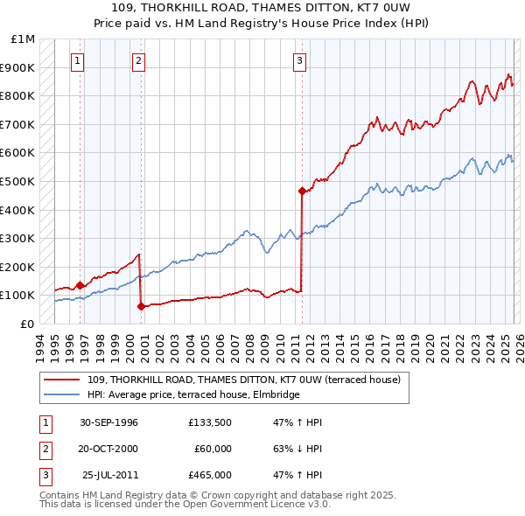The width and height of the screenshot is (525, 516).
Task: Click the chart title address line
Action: tap(262, 8)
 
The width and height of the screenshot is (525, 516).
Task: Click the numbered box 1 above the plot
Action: tap(79, 60)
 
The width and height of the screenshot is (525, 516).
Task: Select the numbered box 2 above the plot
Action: tap(139, 60)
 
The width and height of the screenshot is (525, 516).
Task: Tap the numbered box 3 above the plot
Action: tap(300, 60)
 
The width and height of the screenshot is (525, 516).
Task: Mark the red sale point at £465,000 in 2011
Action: tap(302, 191)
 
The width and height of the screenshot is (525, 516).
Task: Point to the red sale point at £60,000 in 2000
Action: tap(141, 306)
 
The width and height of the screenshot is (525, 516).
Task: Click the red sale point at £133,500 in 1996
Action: tap(80, 285)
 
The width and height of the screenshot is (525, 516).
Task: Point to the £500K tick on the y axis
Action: tap(18, 181)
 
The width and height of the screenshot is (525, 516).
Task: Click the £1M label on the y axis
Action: tap(24, 39)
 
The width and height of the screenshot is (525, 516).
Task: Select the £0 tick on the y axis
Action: tap(27, 324)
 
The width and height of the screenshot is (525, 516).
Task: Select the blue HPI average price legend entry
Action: tap(193, 395)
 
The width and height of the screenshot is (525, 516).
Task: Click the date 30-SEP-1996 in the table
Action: tap(108, 422)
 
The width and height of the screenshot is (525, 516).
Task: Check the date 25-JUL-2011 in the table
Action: tap(110, 475)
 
